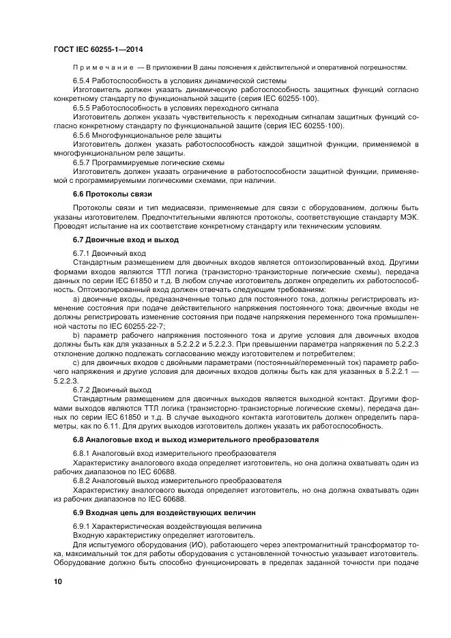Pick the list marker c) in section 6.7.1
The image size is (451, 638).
[76, 362]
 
